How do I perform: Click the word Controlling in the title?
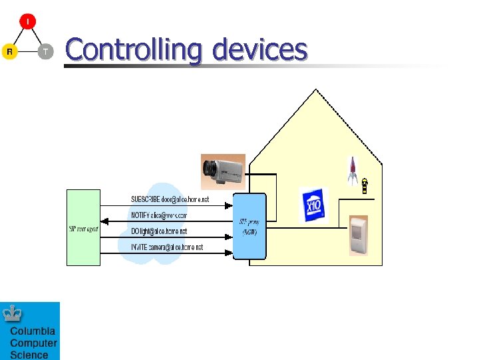tap(133, 51)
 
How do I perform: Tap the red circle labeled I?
tap(27, 22)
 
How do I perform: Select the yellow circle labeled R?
tap(9, 51)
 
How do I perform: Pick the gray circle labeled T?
tap(45, 51)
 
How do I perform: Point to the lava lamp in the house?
tap(353, 171)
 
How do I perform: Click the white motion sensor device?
tap(359, 235)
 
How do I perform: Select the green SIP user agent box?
tap(83, 227)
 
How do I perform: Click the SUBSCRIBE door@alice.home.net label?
tap(170, 199)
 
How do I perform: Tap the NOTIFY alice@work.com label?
tap(159, 216)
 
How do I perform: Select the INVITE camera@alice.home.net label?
tap(166, 247)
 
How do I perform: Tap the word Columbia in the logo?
tap(33, 331)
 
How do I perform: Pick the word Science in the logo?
tap(29, 355)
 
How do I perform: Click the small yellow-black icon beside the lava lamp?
tap(365, 186)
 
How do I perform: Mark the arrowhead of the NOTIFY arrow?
tap(111, 221)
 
